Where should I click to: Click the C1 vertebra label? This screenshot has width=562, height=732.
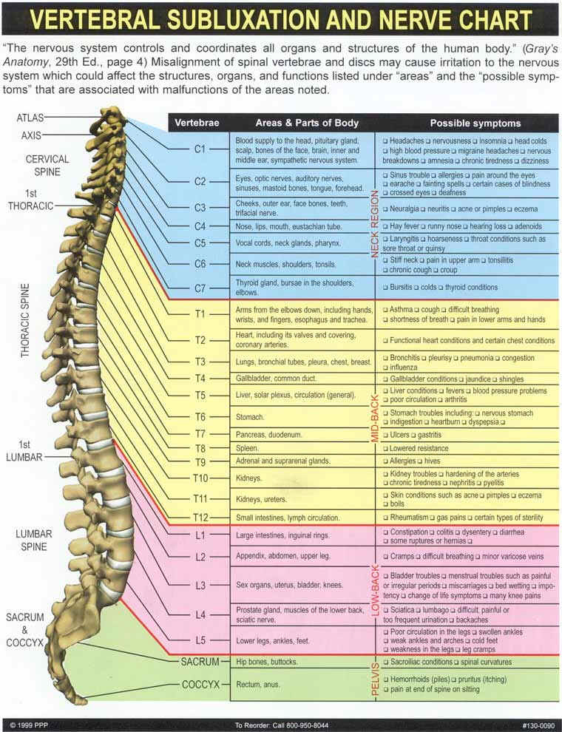(199, 149)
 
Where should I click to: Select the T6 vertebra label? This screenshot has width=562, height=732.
(199, 417)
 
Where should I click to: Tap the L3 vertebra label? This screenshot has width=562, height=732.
(199, 584)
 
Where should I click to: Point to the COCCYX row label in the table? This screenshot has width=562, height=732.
(201, 684)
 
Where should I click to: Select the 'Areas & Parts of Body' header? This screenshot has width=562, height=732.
(306, 123)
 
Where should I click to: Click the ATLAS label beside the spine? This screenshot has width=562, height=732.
(30, 118)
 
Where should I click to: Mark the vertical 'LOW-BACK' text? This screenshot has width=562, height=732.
(375, 591)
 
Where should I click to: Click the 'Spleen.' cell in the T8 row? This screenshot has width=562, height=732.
(247, 448)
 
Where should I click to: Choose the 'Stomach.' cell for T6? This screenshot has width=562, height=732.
(250, 417)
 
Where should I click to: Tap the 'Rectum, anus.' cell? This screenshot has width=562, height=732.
(257, 684)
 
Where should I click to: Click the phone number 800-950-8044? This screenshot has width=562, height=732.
(305, 724)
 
